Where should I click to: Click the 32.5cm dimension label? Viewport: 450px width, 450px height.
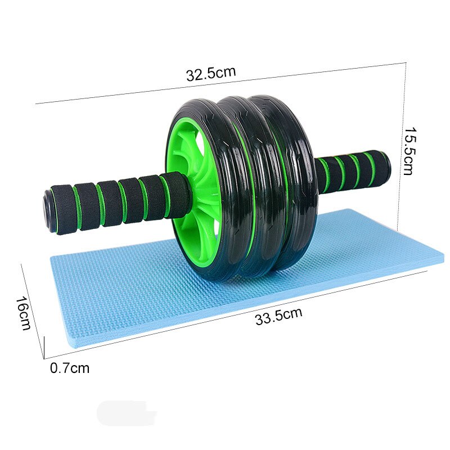(211, 74)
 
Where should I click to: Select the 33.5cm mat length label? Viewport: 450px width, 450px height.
(278, 317)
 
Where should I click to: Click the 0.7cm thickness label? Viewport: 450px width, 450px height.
(70, 368)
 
